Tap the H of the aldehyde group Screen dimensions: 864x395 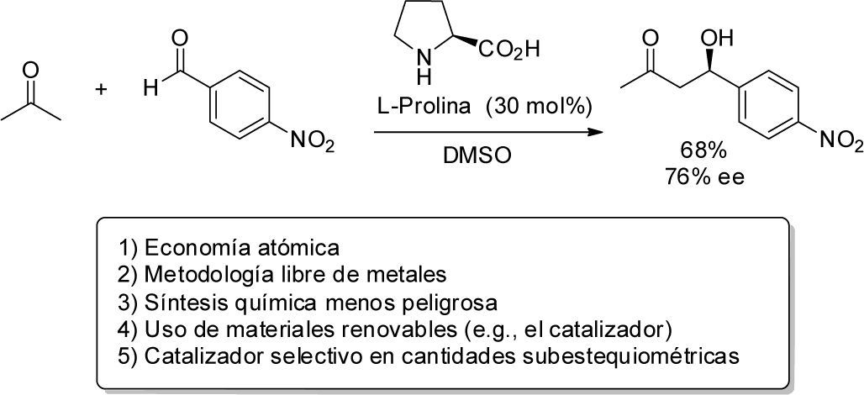pyautogui.click(x=149, y=88)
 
